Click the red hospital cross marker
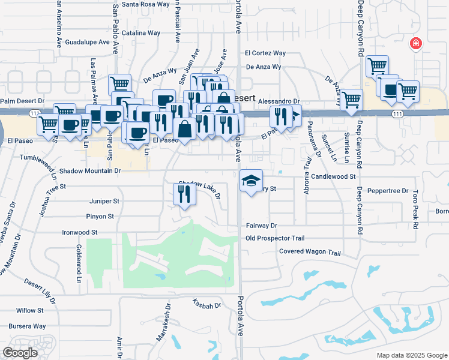point(415,43)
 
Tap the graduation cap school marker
point(252,180)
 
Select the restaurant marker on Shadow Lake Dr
point(184,194)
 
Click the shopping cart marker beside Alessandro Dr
point(351,99)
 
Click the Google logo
point(20,353)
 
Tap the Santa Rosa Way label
point(146,4)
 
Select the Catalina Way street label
point(140,33)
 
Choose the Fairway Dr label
point(261,226)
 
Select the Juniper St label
point(104,202)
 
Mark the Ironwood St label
point(80,232)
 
